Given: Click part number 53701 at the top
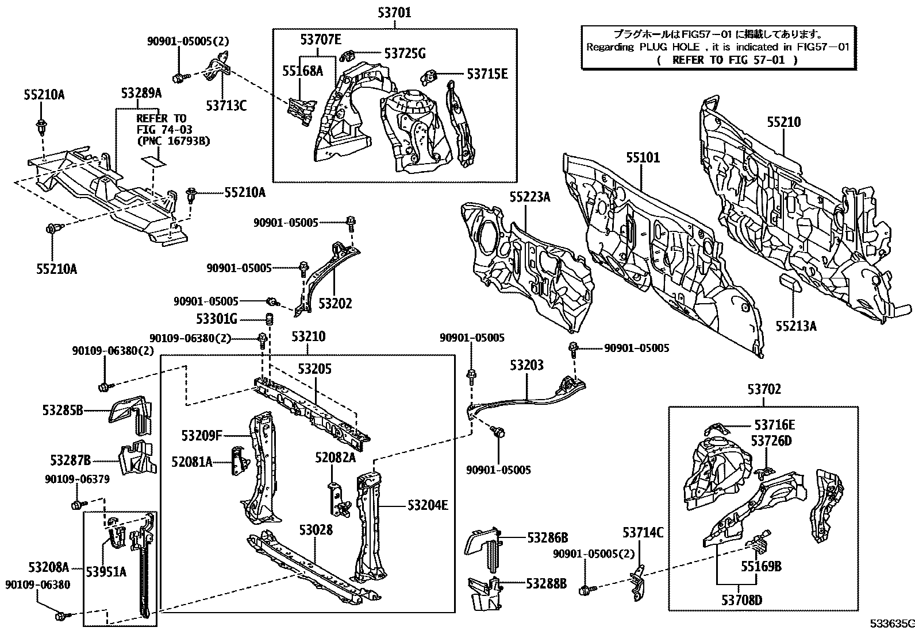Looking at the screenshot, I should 394,12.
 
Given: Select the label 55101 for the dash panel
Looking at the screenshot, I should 643,158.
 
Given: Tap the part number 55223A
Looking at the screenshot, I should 529,198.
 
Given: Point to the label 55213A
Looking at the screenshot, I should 795,326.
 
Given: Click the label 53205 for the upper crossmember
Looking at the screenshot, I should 314,369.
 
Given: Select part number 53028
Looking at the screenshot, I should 316,529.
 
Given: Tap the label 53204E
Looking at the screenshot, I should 428,505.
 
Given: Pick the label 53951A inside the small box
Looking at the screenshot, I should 106,571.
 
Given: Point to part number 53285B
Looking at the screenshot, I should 63,410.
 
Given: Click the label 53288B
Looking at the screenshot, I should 546,583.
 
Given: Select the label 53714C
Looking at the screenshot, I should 643,533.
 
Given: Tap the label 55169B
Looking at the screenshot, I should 760,567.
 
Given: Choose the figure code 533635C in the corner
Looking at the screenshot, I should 890,624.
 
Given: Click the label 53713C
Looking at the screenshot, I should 226,105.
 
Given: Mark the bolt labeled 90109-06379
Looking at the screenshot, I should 76,505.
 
